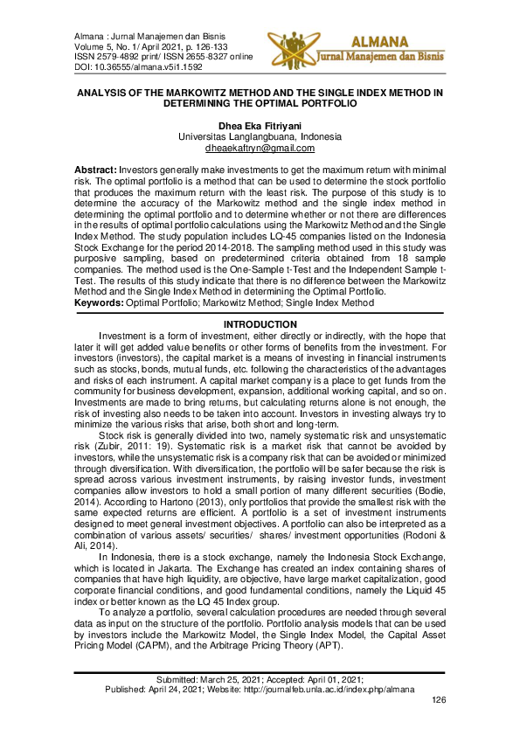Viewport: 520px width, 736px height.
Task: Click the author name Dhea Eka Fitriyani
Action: tap(259, 126)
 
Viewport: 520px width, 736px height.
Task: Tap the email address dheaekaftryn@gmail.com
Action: tap(260, 149)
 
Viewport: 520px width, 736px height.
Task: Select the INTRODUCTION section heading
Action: tap(260, 325)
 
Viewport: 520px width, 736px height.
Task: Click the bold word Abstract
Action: tap(96, 167)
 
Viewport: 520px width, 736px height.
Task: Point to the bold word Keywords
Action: tap(97, 303)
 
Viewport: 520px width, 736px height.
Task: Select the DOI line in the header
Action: tap(128, 66)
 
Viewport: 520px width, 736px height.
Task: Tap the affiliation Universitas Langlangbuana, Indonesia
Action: tap(260, 137)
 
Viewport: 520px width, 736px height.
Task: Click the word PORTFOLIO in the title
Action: tap(324, 102)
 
